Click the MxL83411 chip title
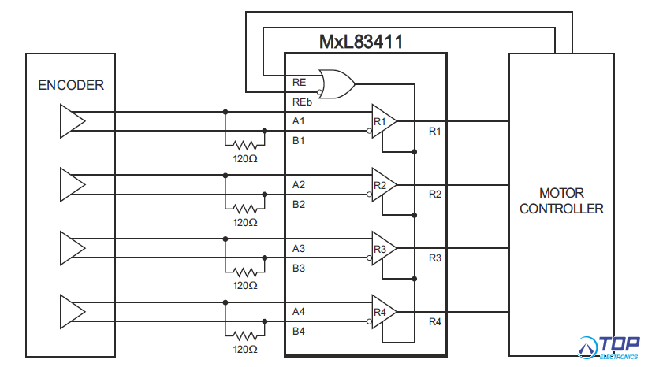[x=361, y=43]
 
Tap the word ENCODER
[x=71, y=85]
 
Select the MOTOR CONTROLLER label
[x=561, y=201]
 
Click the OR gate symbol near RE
[x=335, y=83]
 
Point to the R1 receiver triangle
[x=384, y=121]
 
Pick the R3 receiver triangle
[x=384, y=249]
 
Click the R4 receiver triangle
[x=384, y=313]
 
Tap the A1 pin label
[x=299, y=121]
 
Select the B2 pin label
[x=299, y=205]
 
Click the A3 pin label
[x=299, y=249]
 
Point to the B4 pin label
[x=299, y=332]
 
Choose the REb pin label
[x=301, y=102]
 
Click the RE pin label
[x=299, y=81]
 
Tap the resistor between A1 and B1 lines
[x=245, y=145]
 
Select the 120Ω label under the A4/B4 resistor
[x=245, y=349]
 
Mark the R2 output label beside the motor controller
[x=435, y=194]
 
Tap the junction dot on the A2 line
[x=225, y=175]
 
